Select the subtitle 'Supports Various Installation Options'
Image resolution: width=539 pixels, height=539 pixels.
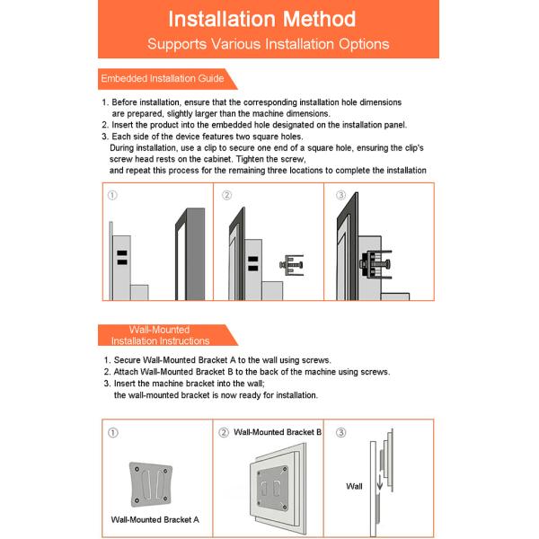coord(269,44)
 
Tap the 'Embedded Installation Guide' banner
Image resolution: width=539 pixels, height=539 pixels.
coord(163,79)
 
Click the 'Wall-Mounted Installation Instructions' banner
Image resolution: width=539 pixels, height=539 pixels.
coord(161,335)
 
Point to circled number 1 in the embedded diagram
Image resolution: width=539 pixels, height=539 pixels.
coord(112,195)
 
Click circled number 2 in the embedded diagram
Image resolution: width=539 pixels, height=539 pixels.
coord(226,195)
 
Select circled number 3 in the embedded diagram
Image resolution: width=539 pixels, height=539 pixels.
coord(340,195)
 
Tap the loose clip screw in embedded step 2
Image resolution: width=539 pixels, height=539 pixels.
coord(293,265)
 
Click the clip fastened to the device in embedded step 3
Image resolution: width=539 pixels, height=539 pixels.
coord(381,265)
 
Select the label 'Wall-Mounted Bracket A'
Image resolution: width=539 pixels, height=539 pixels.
coord(155,519)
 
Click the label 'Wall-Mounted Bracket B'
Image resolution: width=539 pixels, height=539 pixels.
coord(278,432)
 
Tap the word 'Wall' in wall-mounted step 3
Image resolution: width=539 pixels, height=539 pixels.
coord(355,486)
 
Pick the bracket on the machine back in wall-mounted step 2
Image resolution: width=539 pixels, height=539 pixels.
coord(272,485)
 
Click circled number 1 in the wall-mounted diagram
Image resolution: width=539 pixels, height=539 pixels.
coord(112,432)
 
